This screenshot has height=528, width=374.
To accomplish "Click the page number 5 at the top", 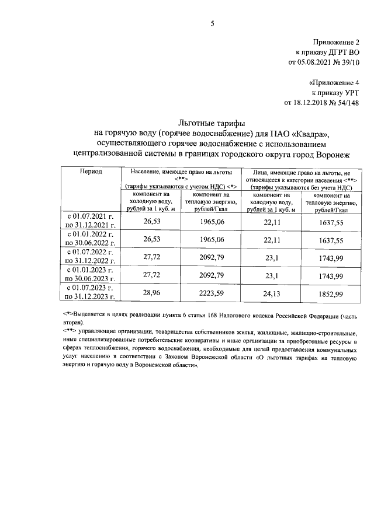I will pyautogui.click(x=213, y=24).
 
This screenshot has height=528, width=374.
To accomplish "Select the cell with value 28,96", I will pyautogui.click(x=151, y=293).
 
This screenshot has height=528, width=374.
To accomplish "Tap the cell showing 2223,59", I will pyautogui.click(x=212, y=293).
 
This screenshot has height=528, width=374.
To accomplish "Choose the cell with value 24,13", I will pyautogui.click(x=272, y=293).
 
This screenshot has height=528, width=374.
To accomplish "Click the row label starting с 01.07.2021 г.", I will pyautogui.click(x=91, y=221).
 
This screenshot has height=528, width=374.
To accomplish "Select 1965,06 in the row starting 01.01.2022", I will pyautogui.click(x=212, y=239).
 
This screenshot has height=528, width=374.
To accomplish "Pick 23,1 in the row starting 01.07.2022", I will pyautogui.click(x=272, y=257).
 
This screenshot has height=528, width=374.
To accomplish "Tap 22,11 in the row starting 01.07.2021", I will pyautogui.click(x=272, y=221).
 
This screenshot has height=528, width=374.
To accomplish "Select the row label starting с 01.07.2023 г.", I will pyautogui.click(x=91, y=293).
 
